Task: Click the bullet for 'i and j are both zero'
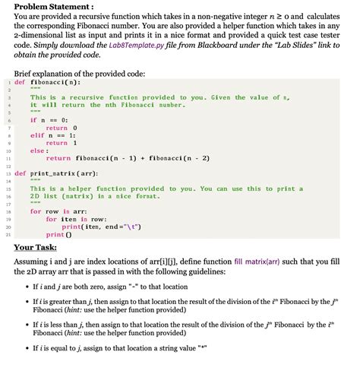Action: pos(24,287)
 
